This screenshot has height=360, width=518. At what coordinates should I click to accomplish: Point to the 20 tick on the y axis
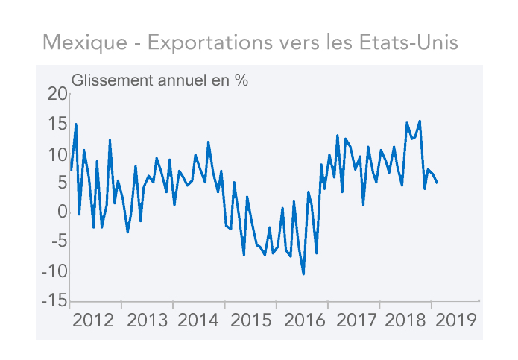tap(57, 94)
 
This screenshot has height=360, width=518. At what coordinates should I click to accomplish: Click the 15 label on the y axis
tap(57, 124)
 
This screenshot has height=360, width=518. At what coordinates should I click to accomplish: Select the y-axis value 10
tap(57, 154)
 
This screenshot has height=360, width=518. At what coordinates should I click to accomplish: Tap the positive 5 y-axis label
tap(61, 183)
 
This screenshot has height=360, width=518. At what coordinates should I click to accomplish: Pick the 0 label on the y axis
tap(62, 212)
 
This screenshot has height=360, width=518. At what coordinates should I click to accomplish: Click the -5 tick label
tap(57, 241)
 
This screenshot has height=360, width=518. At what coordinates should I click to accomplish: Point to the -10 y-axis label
tap(54, 271)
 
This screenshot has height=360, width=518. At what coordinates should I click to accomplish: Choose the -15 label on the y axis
tap(54, 300)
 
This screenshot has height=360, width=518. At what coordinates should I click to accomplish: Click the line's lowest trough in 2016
tap(303, 274)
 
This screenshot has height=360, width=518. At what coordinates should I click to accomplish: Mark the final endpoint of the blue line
tap(438, 183)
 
